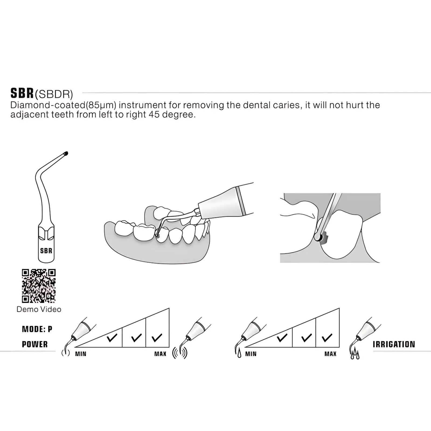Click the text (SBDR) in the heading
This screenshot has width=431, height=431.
click(54, 94)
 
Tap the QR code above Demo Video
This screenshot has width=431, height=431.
click(39, 286)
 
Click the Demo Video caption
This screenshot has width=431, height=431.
click(39, 309)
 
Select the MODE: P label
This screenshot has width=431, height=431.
click(37, 329)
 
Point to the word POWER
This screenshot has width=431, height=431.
click(35, 344)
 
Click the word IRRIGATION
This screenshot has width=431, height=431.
click(394, 344)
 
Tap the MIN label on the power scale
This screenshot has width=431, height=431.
click(81, 354)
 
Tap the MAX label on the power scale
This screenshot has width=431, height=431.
click(160, 354)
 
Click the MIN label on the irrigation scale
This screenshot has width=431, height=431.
click(251, 354)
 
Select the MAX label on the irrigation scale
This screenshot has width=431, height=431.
click(331, 354)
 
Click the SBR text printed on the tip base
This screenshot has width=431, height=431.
click(46, 251)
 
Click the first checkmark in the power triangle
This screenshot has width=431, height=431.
click(112, 338)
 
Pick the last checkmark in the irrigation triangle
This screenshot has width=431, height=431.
click(327, 338)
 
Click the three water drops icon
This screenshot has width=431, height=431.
click(355, 354)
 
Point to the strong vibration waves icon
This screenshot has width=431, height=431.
click(180, 353)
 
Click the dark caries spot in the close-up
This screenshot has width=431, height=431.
click(324, 238)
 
